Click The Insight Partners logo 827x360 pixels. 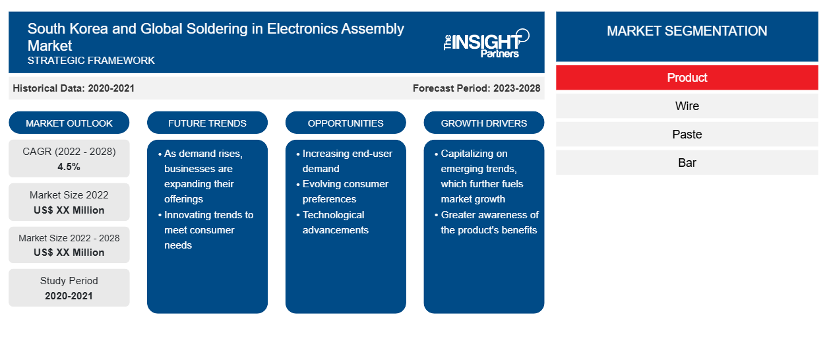486,44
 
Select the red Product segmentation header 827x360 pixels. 687,78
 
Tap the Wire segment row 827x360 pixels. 687,106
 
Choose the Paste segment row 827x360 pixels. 687,134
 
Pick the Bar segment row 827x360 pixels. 687,162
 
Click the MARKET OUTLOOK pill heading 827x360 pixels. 69,123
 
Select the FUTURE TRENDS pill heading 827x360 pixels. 207,123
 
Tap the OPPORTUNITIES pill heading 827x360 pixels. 346,123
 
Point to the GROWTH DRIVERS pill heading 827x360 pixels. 483,123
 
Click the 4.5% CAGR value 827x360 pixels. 69,167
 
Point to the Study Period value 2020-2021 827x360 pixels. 69,296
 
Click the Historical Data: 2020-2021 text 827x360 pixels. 73,88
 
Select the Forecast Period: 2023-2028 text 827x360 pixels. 476,88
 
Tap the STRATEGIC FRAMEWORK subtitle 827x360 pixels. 91,60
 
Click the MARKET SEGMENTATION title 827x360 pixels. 687,30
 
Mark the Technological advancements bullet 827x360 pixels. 333,222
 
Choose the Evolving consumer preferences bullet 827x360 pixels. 343,191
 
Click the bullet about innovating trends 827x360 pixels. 206,229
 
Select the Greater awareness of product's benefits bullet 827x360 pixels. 487,222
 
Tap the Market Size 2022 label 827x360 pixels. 69,195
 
